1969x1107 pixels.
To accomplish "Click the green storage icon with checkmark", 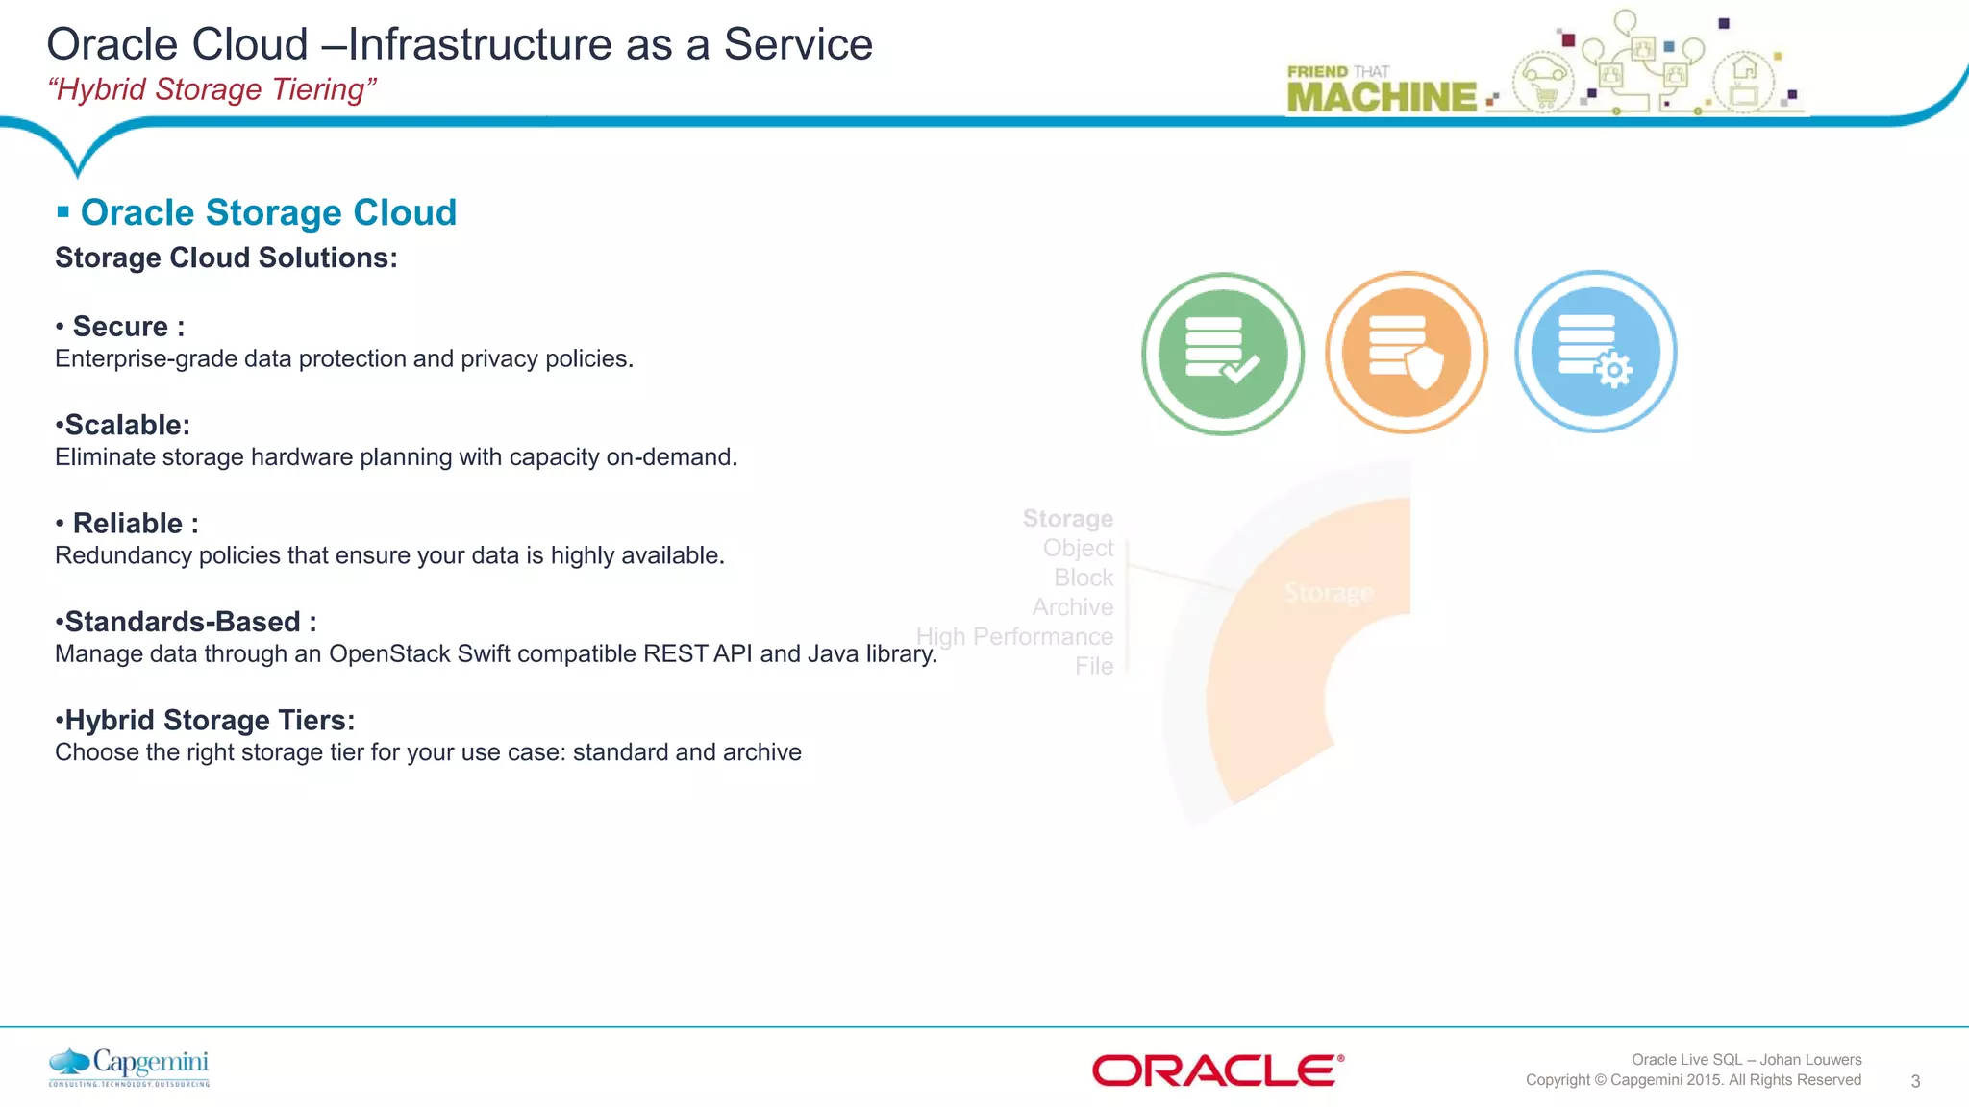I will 1222,354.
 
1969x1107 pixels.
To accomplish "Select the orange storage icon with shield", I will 1407,353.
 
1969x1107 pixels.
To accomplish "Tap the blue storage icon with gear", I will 1595,352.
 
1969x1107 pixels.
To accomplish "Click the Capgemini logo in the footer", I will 129,1067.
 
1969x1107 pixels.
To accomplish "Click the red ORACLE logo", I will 1217,1070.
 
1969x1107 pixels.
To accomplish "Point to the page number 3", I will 1915,1081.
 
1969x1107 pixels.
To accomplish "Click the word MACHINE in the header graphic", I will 1381,97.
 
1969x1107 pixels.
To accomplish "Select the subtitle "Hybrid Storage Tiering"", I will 212,89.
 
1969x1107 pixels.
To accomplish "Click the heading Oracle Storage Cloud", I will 268,212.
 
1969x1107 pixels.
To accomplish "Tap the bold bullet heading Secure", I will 121,327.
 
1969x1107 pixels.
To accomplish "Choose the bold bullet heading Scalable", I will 126,425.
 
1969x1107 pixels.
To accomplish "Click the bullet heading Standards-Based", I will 183,622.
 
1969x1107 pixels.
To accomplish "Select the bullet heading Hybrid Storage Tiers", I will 209,720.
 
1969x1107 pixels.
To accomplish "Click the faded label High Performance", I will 1014,637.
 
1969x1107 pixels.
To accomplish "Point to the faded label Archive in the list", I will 1072,607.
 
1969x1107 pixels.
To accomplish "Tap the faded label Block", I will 1083,578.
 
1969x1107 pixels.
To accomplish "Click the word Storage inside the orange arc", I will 1329,593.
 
